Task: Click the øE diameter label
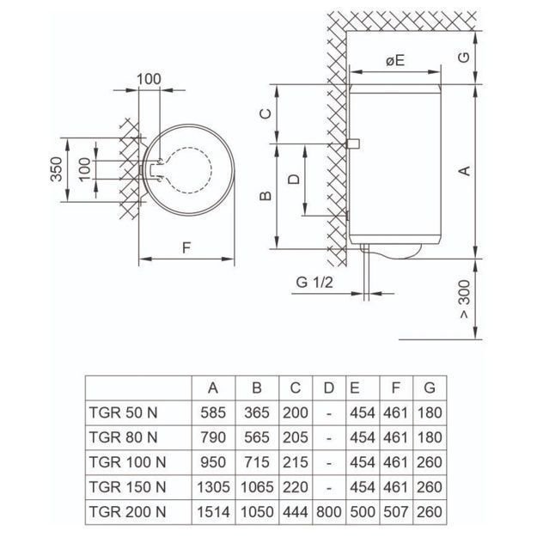pyautogui.click(x=395, y=61)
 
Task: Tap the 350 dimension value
pyautogui.click(x=57, y=169)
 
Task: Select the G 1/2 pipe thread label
pyautogui.click(x=314, y=283)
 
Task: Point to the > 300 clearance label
pyautogui.click(x=464, y=299)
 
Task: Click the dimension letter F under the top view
pyautogui.click(x=186, y=248)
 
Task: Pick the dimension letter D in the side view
pyautogui.click(x=294, y=179)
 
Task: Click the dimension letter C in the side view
pyautogui.click(x=265, y=113)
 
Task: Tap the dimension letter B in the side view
pyautogui.click(x=265, y=196)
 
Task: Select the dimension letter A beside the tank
pyautogui.click(x=464, y=170)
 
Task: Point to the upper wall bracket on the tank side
pyautogui.click(x=353, y=143)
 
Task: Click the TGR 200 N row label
pyautogui.click(x=127, y=512)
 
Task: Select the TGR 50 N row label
pyautogui.click(x=123, y=412)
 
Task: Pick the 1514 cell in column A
pyautogui.click(x=213, y=512)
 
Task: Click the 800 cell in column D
pyautogui.click(x=329, y=512)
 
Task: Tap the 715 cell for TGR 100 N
pyautogui.click(x=257, y=462)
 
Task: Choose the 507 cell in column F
pyautogui.click(x=395, y=512)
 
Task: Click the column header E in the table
pyautogui.click(x=355, y=388)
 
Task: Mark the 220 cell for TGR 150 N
pyautogui.click(x=296, y=487)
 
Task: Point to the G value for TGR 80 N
pyautogui.click(x=430, y=437)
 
